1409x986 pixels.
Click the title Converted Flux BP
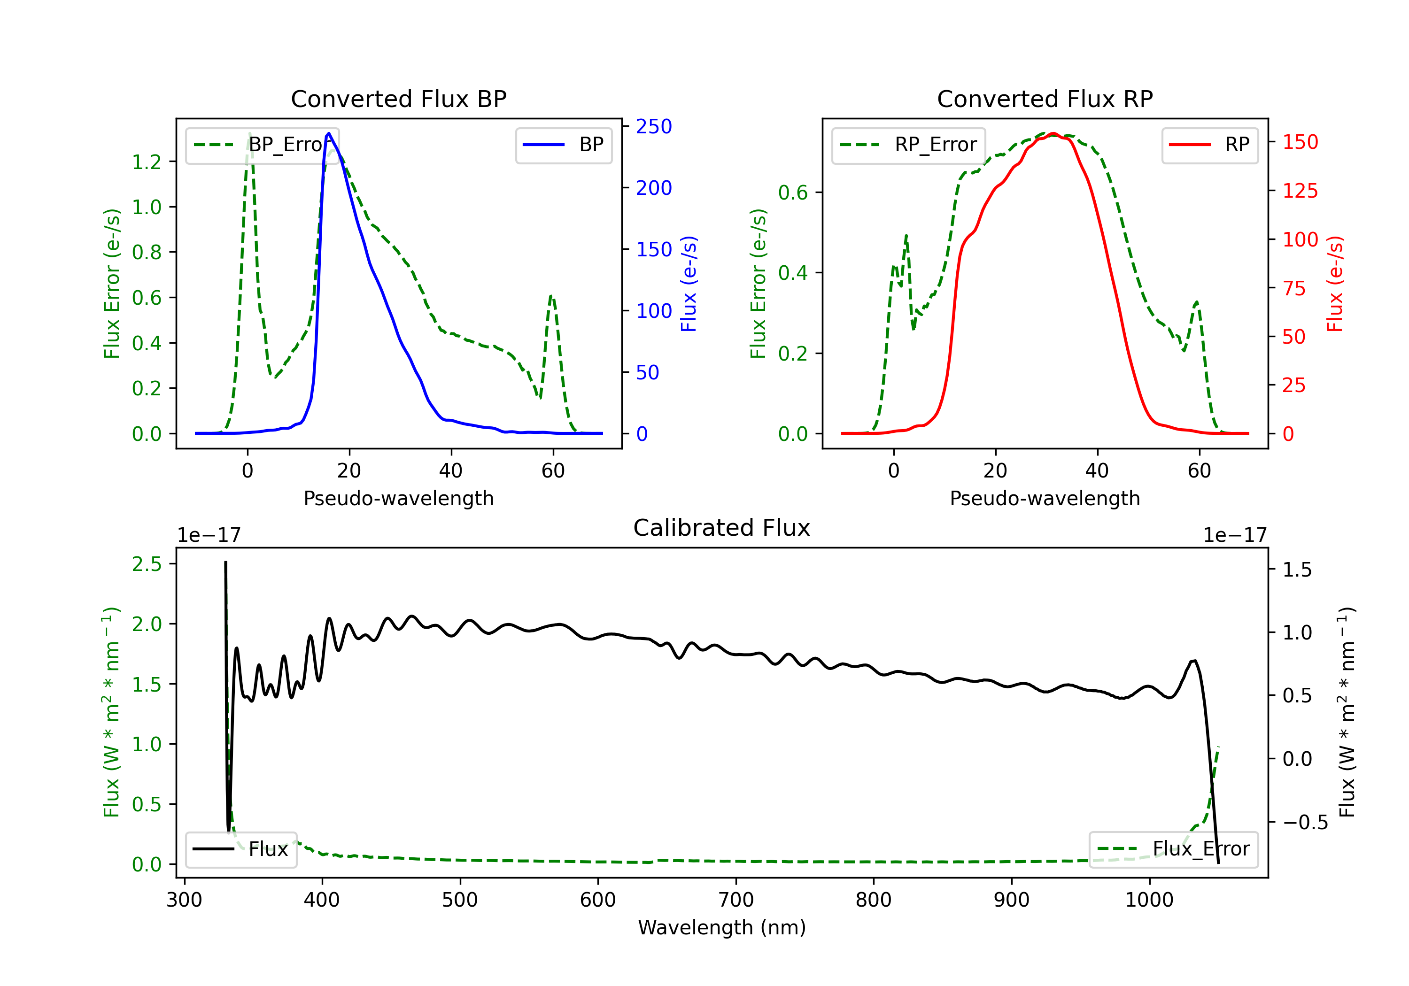coord(398,99)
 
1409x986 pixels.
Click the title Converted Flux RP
coord(1045,99)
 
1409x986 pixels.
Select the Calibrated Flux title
coord(722,528)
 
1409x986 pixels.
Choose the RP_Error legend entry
coord(908,145)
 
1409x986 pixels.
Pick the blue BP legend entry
coord(563,145)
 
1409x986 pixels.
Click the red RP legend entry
coord(1209,145)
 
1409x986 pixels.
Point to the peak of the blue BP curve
coord(329,133)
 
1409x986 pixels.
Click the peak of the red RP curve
coord(1053,133)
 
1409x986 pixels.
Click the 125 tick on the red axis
coord(1300,191)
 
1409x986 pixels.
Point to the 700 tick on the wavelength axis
coord(736,900)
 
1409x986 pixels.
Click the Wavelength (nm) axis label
coord(722,927)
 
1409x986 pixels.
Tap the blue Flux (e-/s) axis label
coord(689,284)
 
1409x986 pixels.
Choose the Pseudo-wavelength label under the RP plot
coord(1045,498)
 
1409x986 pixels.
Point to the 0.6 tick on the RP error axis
coord(793,192)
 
